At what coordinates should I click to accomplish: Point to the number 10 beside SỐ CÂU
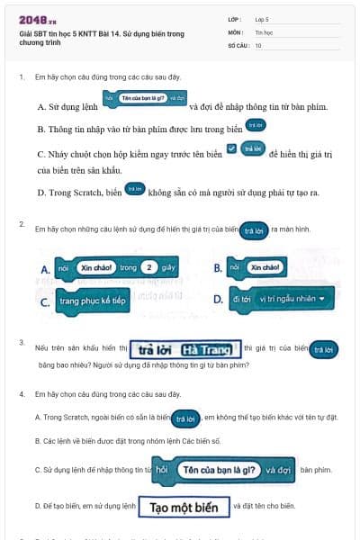(x=258, y=44)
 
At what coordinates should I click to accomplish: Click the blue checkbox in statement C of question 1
(x=232, y=147)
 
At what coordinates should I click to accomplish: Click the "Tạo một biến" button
(x=184, y=507)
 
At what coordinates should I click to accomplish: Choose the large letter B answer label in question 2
(x=218, y=268)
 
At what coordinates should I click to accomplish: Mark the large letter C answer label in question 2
(x=44, y=302)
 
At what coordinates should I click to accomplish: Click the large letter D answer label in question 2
(x=218, y=299)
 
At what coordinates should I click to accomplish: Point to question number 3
(x=22, y=343)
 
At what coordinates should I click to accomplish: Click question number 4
(x=22, y=394)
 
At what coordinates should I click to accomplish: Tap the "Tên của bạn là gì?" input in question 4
(x=220, y=469)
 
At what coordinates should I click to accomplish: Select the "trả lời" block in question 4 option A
(x=184, y=418)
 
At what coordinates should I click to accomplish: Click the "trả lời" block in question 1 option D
(x=135, y=189)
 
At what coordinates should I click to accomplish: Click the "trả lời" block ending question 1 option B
(x=256, y=125)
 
